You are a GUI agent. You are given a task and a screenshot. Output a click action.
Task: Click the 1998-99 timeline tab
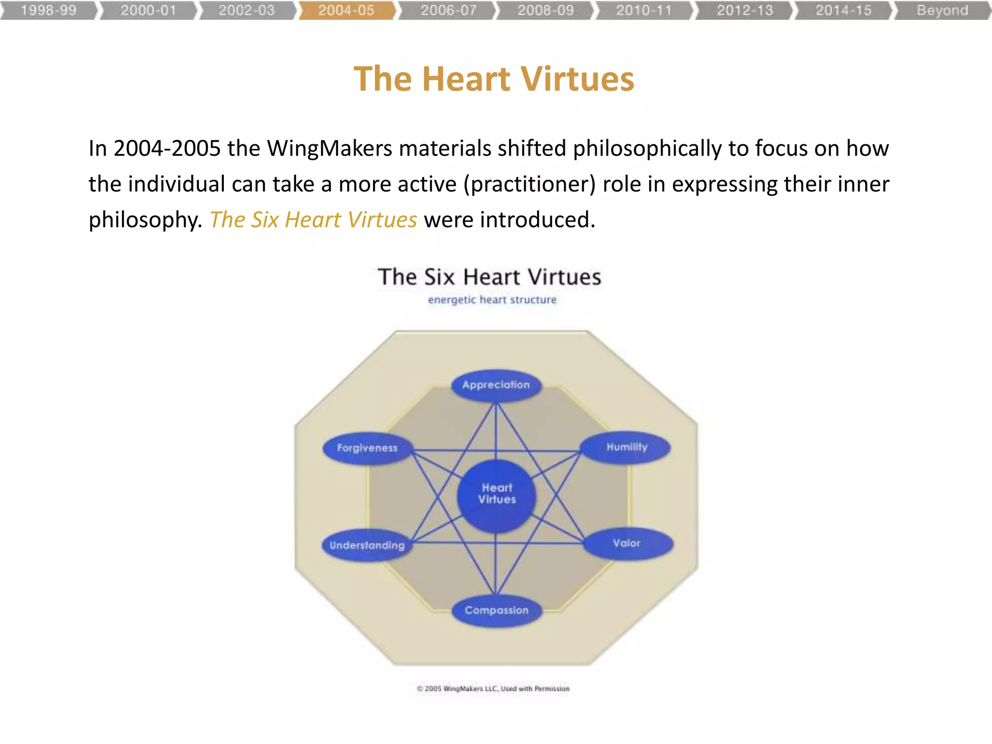click(48, 10)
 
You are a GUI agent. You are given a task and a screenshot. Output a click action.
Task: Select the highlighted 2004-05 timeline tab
click(346, 10)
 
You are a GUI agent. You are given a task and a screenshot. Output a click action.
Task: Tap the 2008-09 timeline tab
click(545, 10)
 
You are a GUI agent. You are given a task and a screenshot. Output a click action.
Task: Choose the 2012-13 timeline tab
click(744, 10)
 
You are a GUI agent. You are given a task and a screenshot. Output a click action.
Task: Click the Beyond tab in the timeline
click(942, 10)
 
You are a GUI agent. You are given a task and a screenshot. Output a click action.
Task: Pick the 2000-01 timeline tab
click(148, 10)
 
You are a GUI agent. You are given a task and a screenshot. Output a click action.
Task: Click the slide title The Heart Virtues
click(494, 78)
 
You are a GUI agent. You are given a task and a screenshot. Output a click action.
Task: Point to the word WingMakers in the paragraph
click(329, 148)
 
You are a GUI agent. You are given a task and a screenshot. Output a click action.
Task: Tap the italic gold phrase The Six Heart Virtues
click(313, 220)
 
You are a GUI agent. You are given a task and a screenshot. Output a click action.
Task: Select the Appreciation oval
click(496, 386)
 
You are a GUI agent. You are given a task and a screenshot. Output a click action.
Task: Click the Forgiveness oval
click(367, 448)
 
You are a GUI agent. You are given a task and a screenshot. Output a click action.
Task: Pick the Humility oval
click(626, 447)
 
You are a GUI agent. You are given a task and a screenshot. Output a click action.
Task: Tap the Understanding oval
click(367, 545)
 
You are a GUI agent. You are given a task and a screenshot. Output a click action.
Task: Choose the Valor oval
click(627, 543)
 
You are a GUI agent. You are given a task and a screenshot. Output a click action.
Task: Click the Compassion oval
click(496, 610)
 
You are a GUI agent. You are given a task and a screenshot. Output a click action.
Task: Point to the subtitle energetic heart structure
click(492, 300)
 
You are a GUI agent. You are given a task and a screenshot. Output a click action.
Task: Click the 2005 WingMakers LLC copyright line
click(493, 689)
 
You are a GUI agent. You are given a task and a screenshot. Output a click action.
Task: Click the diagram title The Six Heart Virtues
click(489, 277)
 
